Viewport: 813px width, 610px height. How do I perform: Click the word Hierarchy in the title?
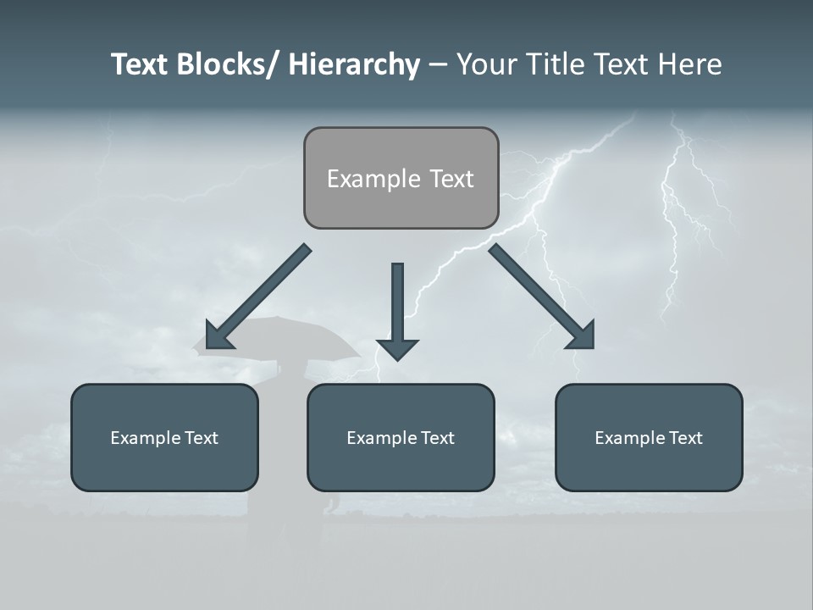(354, 65)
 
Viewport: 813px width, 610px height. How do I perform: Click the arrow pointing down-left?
(258, 297)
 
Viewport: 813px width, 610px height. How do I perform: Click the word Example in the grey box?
(362, 180)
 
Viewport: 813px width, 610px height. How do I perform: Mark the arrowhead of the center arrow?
(397, 348)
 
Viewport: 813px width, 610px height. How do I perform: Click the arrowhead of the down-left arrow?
(218, 336)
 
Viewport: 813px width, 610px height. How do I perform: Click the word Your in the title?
(486, 65)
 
